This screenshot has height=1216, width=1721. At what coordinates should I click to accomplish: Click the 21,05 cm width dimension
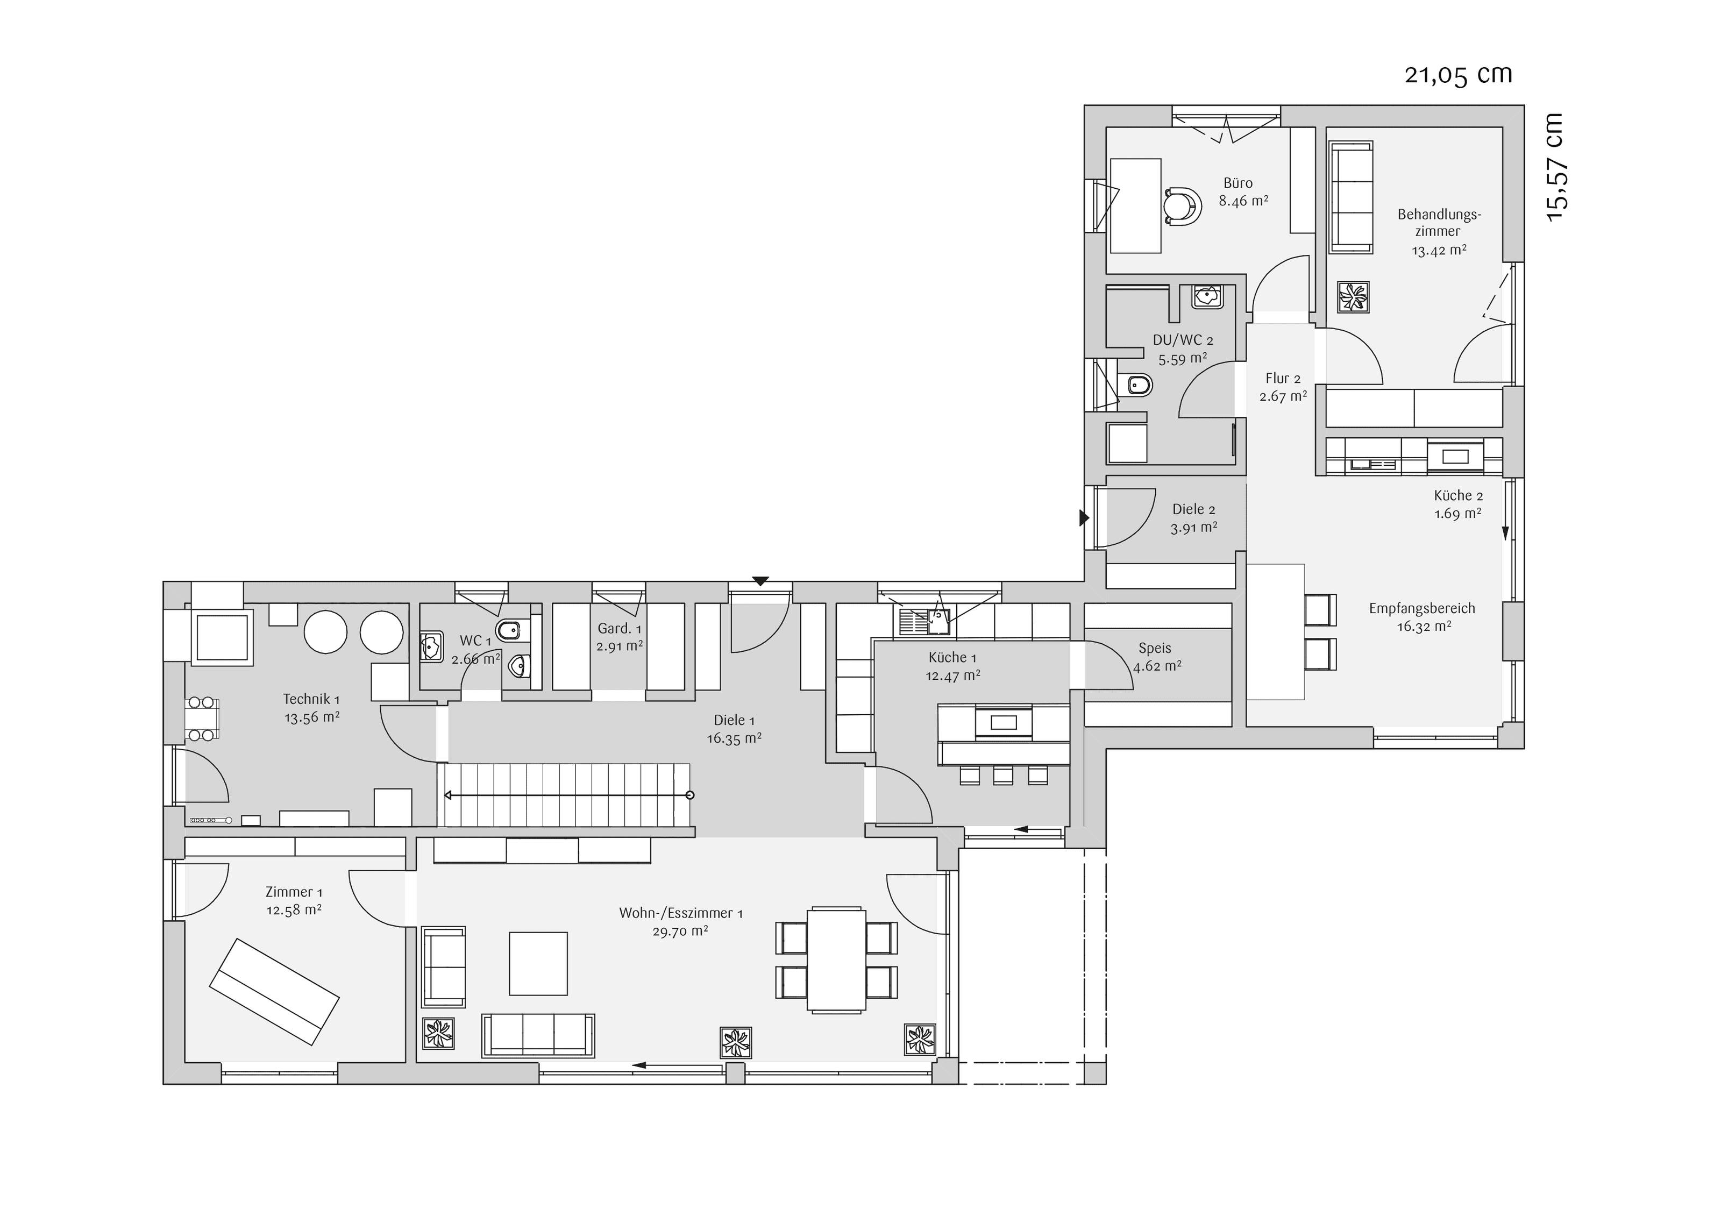pyautogui.click(x=1458, y=75)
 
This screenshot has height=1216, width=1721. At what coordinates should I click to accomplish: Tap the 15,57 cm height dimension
pyautogui.click(x=1555, y=167)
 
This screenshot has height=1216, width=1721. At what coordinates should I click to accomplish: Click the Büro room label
pyautogui.click(x=1238, y=183)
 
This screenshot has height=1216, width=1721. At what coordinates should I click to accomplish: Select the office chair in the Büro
pyautogui.click(x=1183, y=205)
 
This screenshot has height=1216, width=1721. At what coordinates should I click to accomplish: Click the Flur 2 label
pyautogui.click(x=1283, y=379)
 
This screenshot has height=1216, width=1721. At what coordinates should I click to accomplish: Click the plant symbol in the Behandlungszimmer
pyautogui.click(x=1354, y=297)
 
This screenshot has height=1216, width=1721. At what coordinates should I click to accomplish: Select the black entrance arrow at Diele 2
pyautogui.click(x=1084, y=517)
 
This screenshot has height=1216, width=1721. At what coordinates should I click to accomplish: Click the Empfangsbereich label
pyautogui.click(x=1422, y=609)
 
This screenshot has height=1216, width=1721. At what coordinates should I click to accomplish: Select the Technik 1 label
pyautogui.click(x=311, y=699)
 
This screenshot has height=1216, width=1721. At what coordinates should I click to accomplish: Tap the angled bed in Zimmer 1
pyautogui.click(x=274, y=991)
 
